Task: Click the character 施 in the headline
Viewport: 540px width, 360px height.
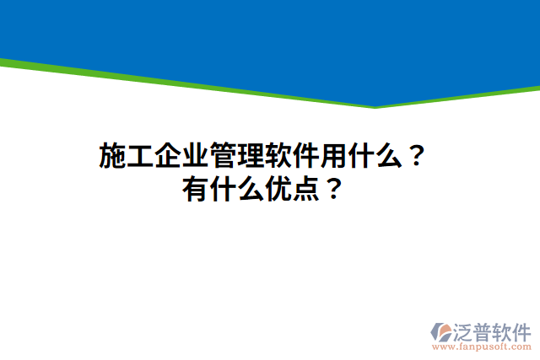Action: [x=114, y=157]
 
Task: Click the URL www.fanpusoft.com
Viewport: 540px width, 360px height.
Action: [x=482, y=347]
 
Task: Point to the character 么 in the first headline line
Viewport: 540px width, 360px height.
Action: [x=391, y=157]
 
